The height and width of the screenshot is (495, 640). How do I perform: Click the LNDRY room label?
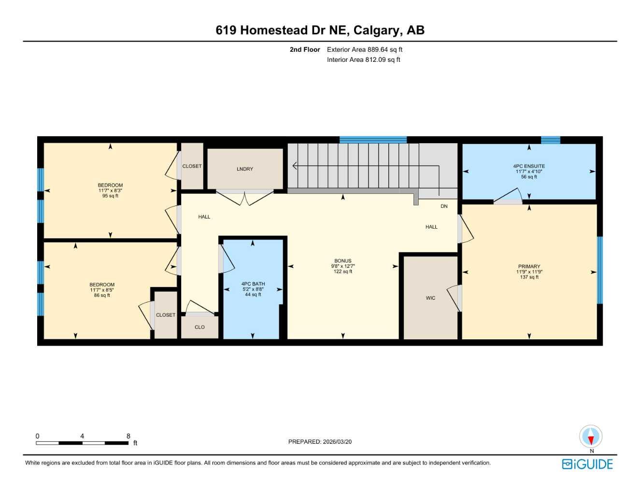pyautogui.click(x=245, y=169)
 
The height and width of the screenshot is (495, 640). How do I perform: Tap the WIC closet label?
pyautogui.click(x=430, y=298)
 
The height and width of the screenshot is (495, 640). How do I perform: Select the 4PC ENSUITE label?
pyautogui.click(x=529, y=166)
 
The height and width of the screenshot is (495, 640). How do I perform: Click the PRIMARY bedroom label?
pyautogui.click(x=529, y=266)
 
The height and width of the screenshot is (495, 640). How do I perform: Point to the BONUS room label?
pyautogui.click(x=343, y=261)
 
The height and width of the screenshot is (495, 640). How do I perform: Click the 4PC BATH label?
pyautogui.click(x=253, y=284)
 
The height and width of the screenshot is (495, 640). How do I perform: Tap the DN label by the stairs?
pyautogui.click(x=444, y=206)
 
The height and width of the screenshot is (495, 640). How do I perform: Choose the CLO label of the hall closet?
pyautogui.click(x=199, y=327)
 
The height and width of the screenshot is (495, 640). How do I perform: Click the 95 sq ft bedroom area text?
pyautogui.click(x=110, y=196)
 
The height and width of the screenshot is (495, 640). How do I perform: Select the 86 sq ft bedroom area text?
pyautogui.click(x=102, y=295)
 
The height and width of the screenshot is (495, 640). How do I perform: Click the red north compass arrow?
pyautogui.click(x=591, y=438)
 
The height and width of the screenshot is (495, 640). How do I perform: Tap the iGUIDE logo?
pyautogui.click(x=587, y=464)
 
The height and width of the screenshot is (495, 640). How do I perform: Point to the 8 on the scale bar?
pyautogui.click(x=128, y=436)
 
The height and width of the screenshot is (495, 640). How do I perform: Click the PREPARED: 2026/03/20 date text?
pyautogui.click(x=320, y=441)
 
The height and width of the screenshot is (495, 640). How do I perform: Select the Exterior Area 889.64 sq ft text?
pyautogui.click(x=364, y=49)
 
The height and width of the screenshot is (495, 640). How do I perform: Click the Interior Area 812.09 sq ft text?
pyautogui.click(x=363, y=60)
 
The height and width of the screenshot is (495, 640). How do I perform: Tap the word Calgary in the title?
pyautogui.click(x=376, y=30)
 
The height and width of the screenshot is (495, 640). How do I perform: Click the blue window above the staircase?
pyautogui.click(x=373, y=140)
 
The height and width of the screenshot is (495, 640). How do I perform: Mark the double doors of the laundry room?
pyautogui.click(x=245, y=197)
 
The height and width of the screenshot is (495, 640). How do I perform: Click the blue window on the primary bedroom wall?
pyautogui.click(x=600, y=270)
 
